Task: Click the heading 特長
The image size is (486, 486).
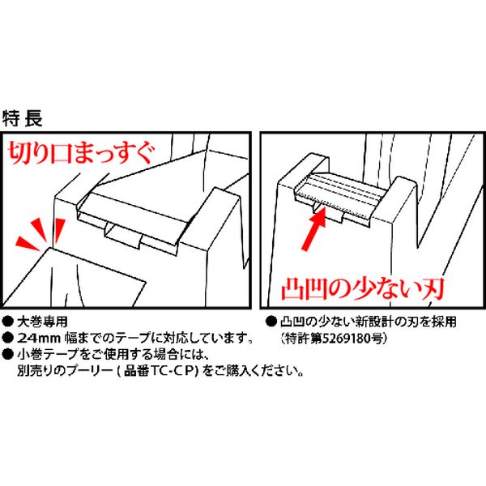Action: click(x=23, y=118)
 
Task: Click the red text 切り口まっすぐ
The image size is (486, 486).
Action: click(x=80, y=153)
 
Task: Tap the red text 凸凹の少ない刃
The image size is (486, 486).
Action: click(x=363, y=289)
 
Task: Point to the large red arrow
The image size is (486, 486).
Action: click(x=314, y=228)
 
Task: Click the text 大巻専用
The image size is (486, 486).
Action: click(x=42, y=322)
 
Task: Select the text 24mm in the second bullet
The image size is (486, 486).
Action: click(x=39, y=338)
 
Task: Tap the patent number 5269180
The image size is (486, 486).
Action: click(x=347, y=338)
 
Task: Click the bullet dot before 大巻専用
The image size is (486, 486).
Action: click(x=8, y=322)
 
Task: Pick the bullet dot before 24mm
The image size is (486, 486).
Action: click(x=8, y=338)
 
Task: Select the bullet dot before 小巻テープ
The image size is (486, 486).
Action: click(x=8, y=354)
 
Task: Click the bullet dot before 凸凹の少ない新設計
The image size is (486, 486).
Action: click(x=271, y=322)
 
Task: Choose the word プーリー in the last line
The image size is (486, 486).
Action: click(x=89, y=371)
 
